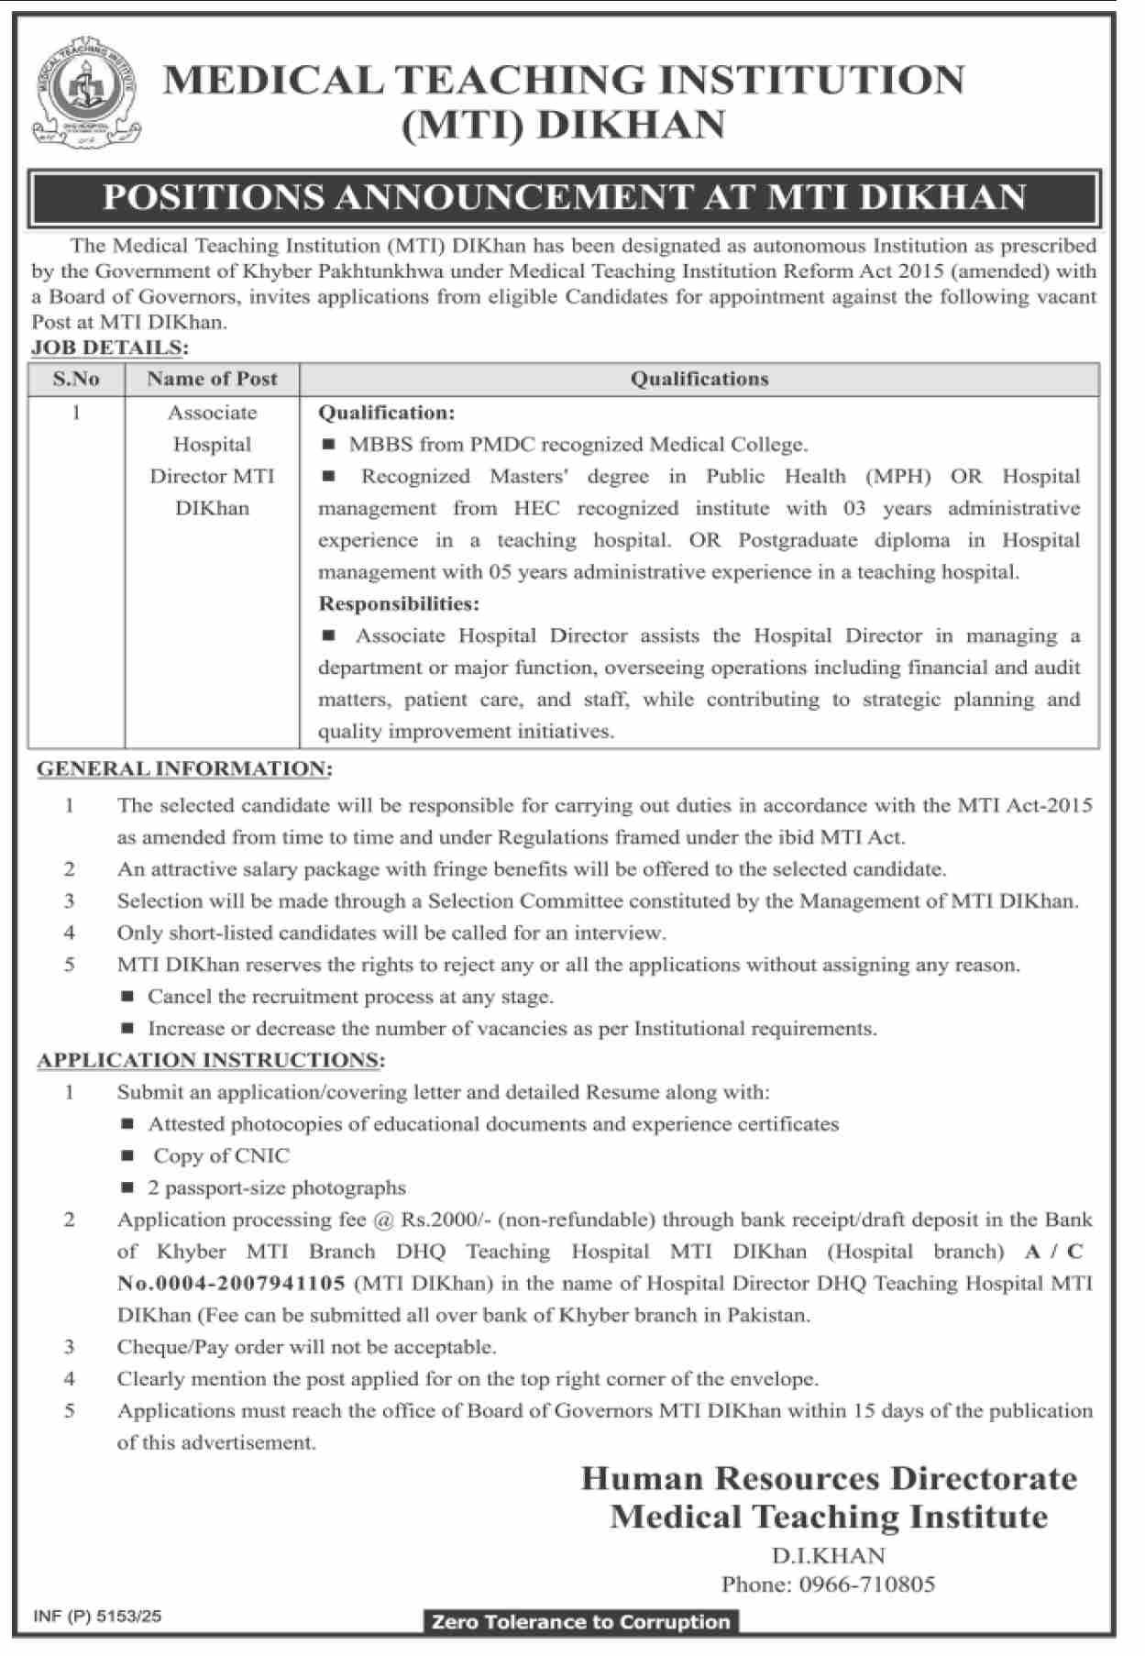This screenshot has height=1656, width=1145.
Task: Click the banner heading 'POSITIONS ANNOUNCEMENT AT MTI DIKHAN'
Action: click(564, 198)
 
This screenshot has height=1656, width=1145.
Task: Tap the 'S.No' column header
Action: click(76, 379)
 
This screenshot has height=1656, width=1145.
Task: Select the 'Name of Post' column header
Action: click(212, 379)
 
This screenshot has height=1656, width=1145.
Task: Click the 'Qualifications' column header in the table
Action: click(699, 379)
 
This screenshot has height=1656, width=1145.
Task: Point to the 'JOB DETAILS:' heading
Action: click(109, 348)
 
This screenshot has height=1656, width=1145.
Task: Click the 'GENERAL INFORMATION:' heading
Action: click(184, 769)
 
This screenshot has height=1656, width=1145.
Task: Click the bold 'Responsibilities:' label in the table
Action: click(399, 604)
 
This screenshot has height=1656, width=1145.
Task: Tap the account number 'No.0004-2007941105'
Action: click(231, 1284)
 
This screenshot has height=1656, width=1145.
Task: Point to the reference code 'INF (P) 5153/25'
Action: click(97, 1617)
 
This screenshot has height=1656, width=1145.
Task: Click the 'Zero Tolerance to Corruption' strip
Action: click(580, 1622)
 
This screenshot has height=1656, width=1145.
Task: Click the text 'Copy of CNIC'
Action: click(221, 1156)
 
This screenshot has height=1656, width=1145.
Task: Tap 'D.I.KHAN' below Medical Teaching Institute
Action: click(828, 1556)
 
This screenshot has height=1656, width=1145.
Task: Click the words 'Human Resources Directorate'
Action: click(829, 1478)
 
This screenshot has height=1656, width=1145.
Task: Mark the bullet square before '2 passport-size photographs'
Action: click(128, 1188)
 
